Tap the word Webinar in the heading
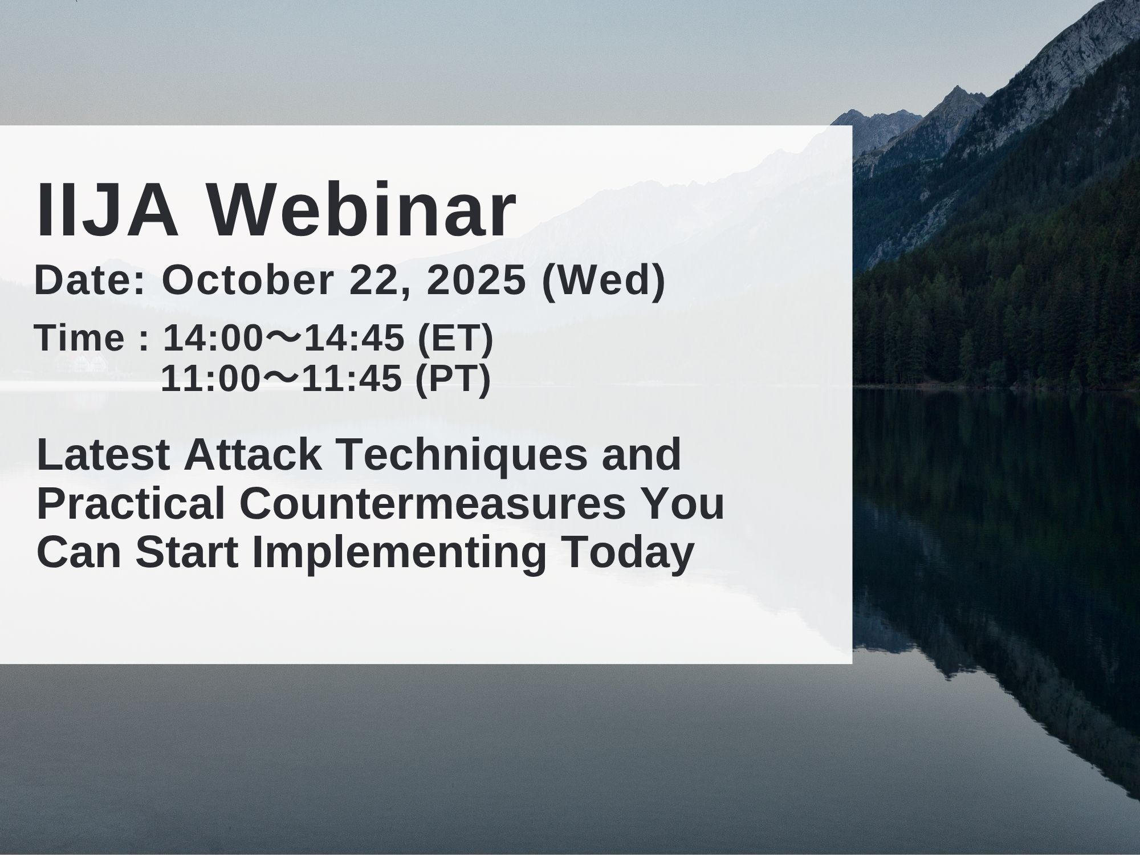[360, 210]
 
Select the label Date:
[90, 281]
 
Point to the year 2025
[476, 281]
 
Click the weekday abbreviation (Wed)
[603, 281]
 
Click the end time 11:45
[351, 379]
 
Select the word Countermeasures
[432, 504]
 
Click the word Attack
[254, 455]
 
